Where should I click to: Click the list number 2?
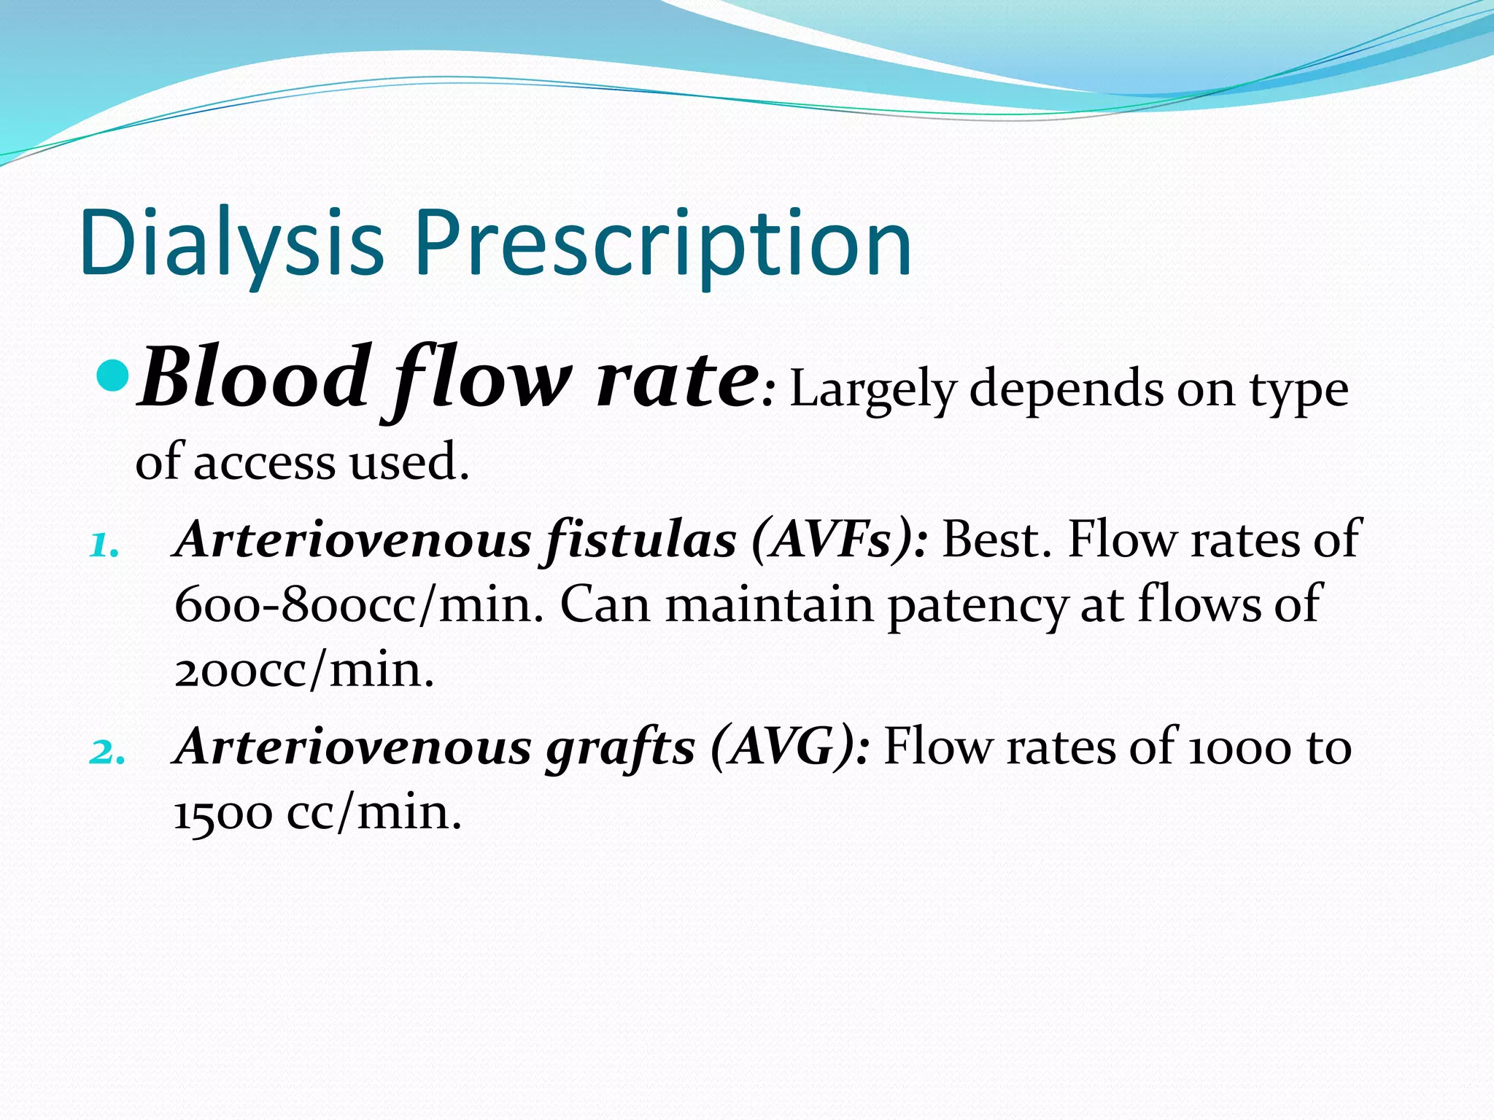tap(106, 752)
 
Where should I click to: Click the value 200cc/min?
tap(303, 670)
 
